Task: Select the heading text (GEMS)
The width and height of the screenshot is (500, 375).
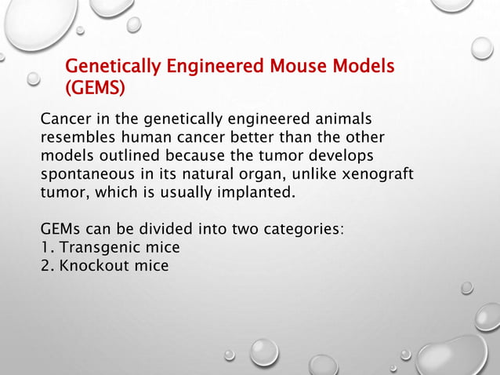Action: (x=94, y=88)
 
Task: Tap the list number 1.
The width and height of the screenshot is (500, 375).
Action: (x=45, y=248)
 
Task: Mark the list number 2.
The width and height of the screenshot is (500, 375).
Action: (x=45, y=266)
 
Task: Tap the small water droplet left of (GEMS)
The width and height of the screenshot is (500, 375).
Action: (x=33, y=79)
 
